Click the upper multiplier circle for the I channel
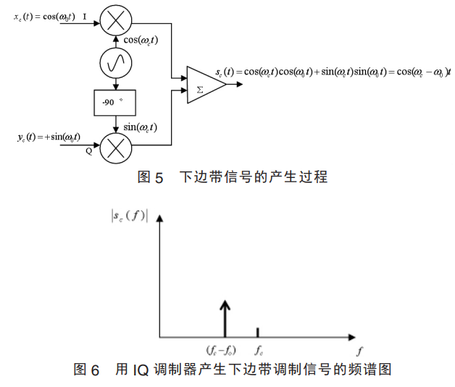pyautogui.click(x=114, y=22)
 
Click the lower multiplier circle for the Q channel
pyautogui.click(x=114, y=148)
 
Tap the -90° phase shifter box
pyautogui.click(x=114, y=103)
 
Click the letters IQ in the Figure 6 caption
pyautogui.click(x=140, y=370)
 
